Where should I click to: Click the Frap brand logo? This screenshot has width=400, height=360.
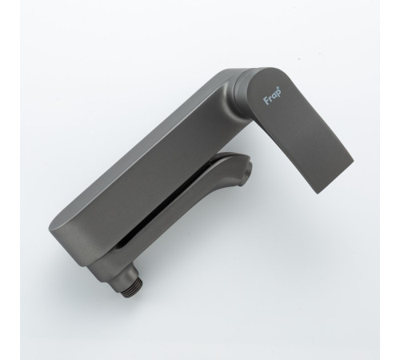point(273,95)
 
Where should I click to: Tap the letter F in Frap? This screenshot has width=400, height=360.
point(266,101)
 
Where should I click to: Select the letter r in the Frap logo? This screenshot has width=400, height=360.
point(270,98)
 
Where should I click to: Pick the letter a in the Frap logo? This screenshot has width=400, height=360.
point(274,96)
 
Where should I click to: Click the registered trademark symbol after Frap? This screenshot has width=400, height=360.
point(280,88)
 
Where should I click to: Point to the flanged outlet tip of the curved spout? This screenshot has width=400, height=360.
point(249,169)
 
